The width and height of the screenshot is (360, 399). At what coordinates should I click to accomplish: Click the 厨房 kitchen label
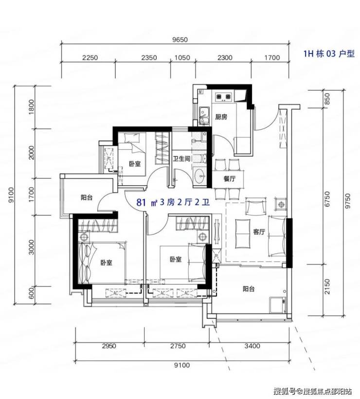point(221,117)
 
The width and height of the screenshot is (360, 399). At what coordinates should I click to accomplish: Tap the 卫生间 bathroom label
point(181,159)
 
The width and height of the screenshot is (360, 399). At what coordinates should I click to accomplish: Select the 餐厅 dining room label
point(229,179)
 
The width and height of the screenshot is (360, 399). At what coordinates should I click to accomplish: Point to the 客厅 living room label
point(259,232)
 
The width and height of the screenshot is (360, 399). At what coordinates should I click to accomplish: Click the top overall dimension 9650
point(180,40)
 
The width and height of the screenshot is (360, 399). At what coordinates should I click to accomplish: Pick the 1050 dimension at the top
point(182,58)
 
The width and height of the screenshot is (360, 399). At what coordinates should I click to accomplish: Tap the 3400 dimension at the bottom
point(252,346)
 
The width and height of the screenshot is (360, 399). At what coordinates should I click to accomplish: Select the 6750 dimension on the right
point(327,199)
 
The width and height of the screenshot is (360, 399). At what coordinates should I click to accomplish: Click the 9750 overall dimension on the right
point(348,201)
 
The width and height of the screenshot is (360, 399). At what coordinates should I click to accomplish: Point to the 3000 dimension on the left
point(31,247)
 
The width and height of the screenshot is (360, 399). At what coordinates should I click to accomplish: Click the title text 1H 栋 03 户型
point(329,54)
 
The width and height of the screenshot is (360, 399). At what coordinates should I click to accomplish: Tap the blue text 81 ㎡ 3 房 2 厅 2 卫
point(173,203)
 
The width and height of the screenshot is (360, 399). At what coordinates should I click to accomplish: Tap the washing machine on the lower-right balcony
point(278,305)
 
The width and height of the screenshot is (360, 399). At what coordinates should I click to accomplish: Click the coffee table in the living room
point(243,234)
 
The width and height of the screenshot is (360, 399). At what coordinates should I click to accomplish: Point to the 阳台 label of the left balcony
point(87,197)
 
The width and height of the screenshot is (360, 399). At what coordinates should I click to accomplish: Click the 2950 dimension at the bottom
point(109,346)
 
